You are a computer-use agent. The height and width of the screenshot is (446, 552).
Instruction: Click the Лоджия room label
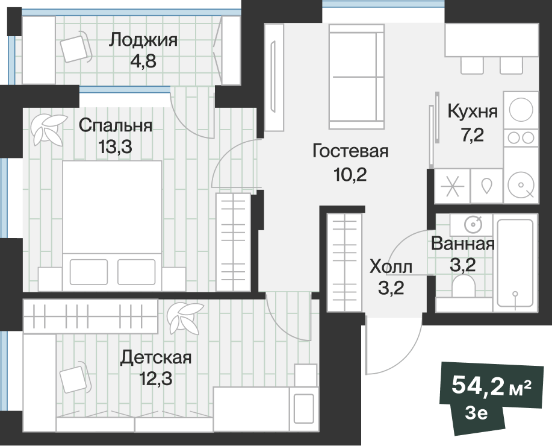143,40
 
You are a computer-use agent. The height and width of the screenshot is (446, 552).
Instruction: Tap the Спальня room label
116,125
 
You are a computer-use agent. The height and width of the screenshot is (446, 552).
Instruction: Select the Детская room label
156,357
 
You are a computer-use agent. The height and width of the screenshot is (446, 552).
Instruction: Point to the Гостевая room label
350,151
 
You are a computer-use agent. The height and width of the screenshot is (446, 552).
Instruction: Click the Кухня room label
473,111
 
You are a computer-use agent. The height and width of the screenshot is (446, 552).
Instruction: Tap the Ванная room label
462,243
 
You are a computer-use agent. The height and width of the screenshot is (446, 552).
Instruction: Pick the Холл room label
391,266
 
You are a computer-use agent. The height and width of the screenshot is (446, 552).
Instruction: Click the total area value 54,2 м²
491,385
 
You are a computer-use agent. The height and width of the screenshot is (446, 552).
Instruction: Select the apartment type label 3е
476,413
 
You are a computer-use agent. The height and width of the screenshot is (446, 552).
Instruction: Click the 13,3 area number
116,146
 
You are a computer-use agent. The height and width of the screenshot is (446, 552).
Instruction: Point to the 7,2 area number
473,134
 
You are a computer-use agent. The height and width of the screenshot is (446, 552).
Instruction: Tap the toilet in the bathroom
464,286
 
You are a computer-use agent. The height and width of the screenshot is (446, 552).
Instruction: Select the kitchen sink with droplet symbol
486,186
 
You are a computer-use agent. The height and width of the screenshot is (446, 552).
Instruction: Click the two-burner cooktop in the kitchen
521,138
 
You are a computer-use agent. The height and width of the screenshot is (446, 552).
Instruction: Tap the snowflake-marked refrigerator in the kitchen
453,186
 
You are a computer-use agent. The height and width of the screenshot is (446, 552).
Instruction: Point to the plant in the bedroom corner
48,129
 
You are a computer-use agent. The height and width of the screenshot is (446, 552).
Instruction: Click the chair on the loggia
75,46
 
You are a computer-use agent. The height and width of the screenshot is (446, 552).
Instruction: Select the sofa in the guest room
356,77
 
